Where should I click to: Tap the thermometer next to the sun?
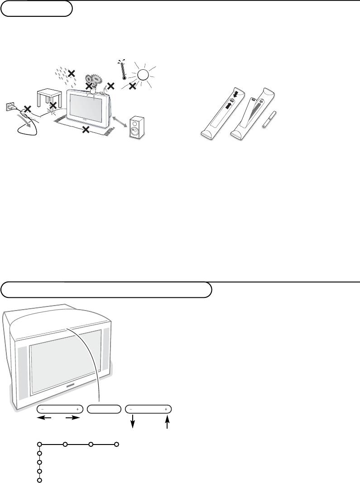(124, 69)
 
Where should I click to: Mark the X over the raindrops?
(71, 73)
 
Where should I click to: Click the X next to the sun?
(132, 86)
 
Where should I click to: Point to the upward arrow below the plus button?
(168, 423)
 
